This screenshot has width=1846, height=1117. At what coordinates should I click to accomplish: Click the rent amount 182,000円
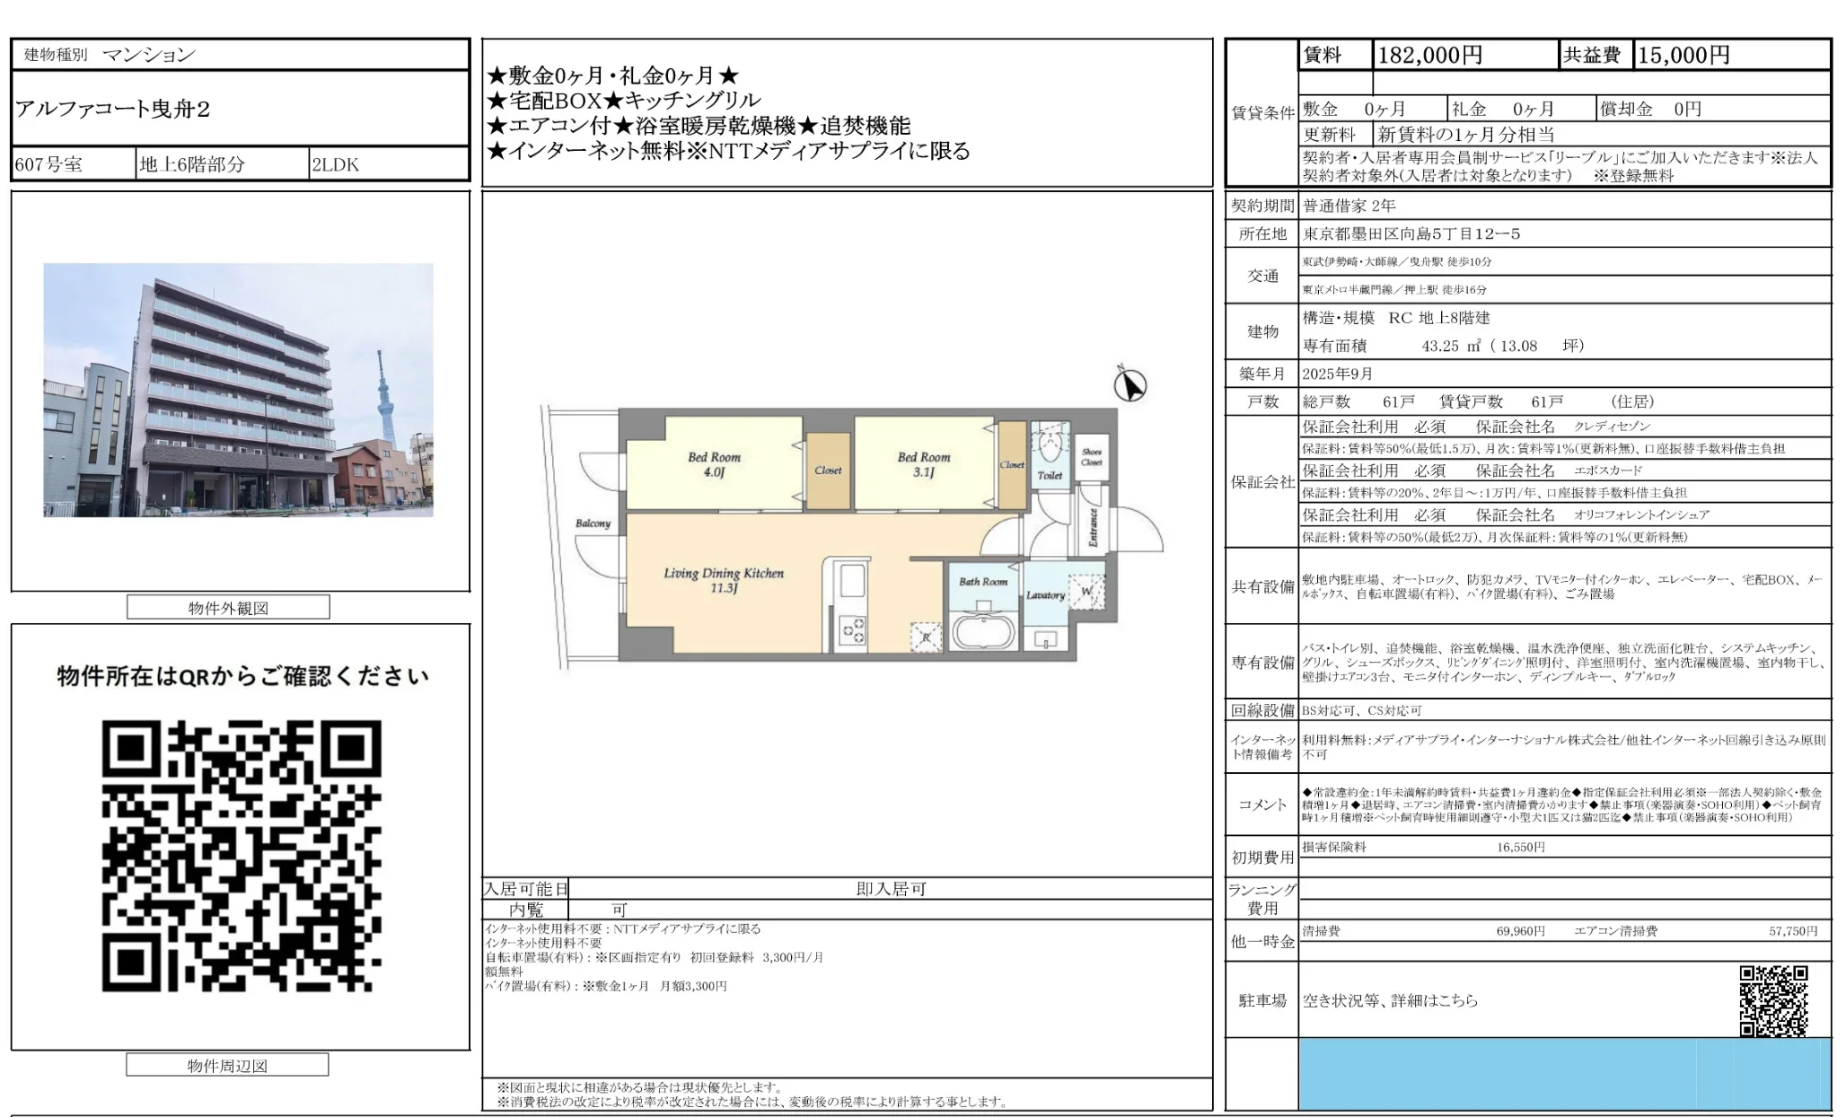[x=1429, y=56]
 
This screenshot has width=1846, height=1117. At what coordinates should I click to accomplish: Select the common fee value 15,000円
[x=1683, y=56]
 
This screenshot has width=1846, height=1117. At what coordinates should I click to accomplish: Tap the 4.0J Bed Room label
[x=714, y=463]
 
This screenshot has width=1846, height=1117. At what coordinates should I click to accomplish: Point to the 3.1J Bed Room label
[x=923, y=463]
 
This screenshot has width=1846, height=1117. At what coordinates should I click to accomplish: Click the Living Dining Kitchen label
[x=724, y=580]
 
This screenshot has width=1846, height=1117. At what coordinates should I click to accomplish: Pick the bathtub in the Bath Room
[x=983, y=631]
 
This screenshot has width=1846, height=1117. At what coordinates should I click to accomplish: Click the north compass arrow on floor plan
[x=1130, y=386]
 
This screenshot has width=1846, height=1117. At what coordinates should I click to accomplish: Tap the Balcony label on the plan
[x=593, y=523]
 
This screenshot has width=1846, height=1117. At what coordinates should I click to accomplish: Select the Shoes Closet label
[x=1091, y=457]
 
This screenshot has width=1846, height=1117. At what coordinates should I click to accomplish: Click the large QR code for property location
[x=242, y=856]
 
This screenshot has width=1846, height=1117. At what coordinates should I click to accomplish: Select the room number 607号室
[x=49, y=164]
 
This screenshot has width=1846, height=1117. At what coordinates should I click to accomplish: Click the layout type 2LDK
[x=335, y=164]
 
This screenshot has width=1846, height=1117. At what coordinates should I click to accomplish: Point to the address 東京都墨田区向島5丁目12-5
[x=1411, y=234]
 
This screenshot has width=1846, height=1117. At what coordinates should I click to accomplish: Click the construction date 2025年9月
[x=1338, y=374]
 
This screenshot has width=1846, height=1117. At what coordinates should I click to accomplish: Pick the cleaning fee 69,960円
[x=1520, y=931]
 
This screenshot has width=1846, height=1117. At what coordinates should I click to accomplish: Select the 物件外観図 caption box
[x=228, y=608]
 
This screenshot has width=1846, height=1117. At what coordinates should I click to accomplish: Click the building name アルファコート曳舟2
[x=113, y=110]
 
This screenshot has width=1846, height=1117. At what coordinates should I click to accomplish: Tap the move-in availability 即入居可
[x=890, y=889]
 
